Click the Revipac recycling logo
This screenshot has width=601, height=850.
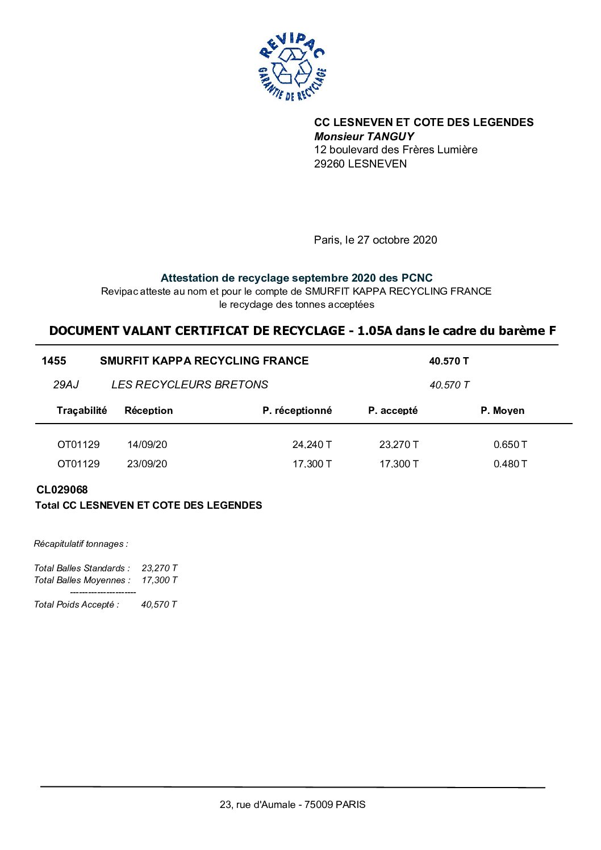tap(292, 67)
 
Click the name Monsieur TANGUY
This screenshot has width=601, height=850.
tap(364, 136)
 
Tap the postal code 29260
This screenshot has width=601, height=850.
tap(329, 164)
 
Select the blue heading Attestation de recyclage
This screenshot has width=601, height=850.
tap(296, 278)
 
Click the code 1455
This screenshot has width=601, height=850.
tap(54, 361)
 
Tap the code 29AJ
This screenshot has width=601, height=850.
tap(66, 385)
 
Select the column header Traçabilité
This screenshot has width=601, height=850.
tap(82, 411)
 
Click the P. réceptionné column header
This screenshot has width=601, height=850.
tap(297, 411)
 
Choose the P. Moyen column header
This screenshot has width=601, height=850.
tap(502, 411)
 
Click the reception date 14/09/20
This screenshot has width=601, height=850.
tap(147, 445)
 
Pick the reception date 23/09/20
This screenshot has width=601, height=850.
tap(147, 464)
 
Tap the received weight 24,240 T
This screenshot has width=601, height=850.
tap(312, 445)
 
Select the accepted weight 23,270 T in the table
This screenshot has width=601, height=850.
tap(399, 445)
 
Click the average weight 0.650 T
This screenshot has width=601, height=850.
tap(510, 445)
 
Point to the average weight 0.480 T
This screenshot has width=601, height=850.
tap(510, 464)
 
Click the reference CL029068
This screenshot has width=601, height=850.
tap(62, 490)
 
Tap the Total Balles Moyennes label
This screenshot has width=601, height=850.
tap(82, 580)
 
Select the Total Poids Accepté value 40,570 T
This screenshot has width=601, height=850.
tap(159, 605)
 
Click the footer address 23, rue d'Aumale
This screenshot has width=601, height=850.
tap(293, 805)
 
